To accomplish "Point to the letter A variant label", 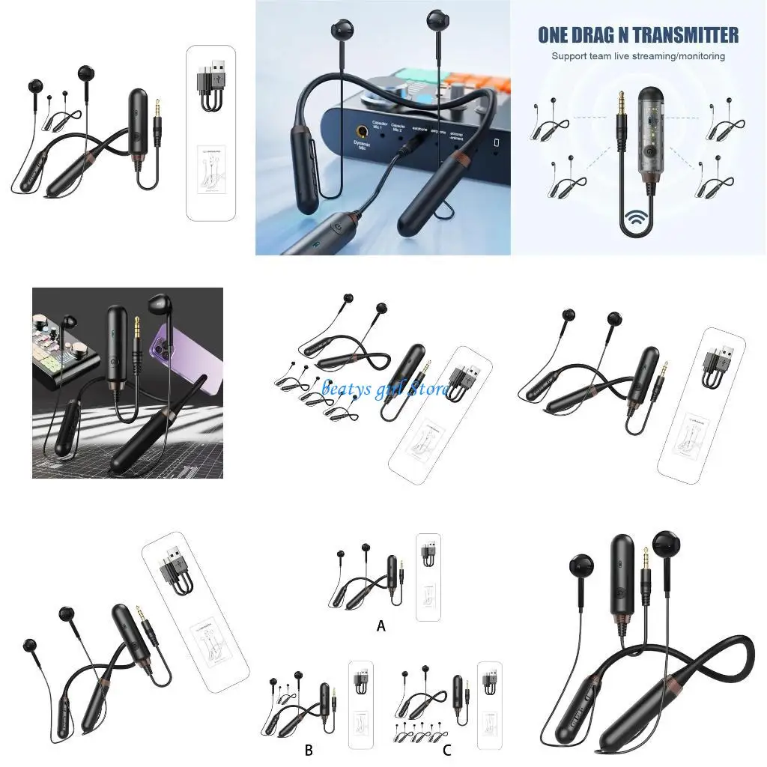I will pyautogui.click(x=381, y=626).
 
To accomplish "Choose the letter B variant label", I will pyautogui.click(x=309, y=750).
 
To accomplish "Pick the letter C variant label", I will pyautogui.click(x=447, y=750).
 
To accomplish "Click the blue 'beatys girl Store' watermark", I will pyautogui.click(x=385, y=389).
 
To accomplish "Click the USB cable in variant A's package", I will pyautogui.click(x=428, y=552).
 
